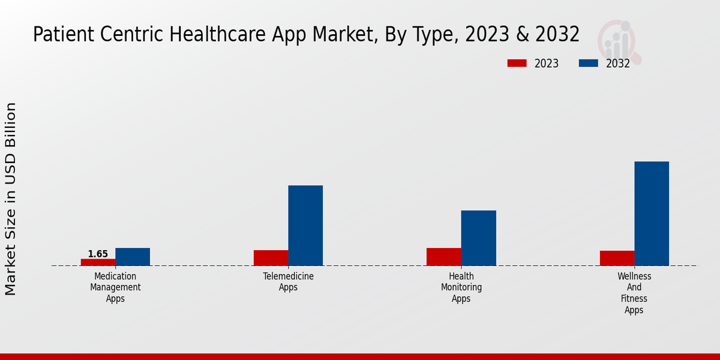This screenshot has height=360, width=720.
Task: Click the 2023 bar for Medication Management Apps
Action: click(98, 262)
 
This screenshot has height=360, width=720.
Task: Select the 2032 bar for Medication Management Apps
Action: click(133, 257)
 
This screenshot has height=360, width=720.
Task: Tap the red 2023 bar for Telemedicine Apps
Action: click(271, 258)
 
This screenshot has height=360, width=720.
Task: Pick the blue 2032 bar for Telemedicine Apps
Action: click(305, 226)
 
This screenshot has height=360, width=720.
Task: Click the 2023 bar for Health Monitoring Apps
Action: click(444, 257)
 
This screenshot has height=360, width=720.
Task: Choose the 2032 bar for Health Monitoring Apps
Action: click(479, 238)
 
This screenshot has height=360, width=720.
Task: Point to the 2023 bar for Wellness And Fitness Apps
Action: click(617, 258)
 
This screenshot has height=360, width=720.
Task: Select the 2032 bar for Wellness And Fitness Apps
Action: click(652, 214)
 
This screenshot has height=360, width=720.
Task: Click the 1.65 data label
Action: click(98, 254)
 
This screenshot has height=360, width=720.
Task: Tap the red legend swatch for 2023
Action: click(517, 63)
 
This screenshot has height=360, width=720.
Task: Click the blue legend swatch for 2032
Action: click(588, 63)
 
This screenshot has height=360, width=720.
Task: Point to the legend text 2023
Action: click(546, 64)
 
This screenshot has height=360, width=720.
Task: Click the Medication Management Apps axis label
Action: click(115, 287)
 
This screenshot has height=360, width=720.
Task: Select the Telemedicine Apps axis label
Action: click(288, 282)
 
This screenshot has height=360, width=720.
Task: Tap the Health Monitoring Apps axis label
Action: click(461, 287)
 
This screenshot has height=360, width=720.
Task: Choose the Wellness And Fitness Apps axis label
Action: click(634, 293)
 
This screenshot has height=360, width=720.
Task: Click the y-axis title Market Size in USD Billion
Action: click(11, 199)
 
